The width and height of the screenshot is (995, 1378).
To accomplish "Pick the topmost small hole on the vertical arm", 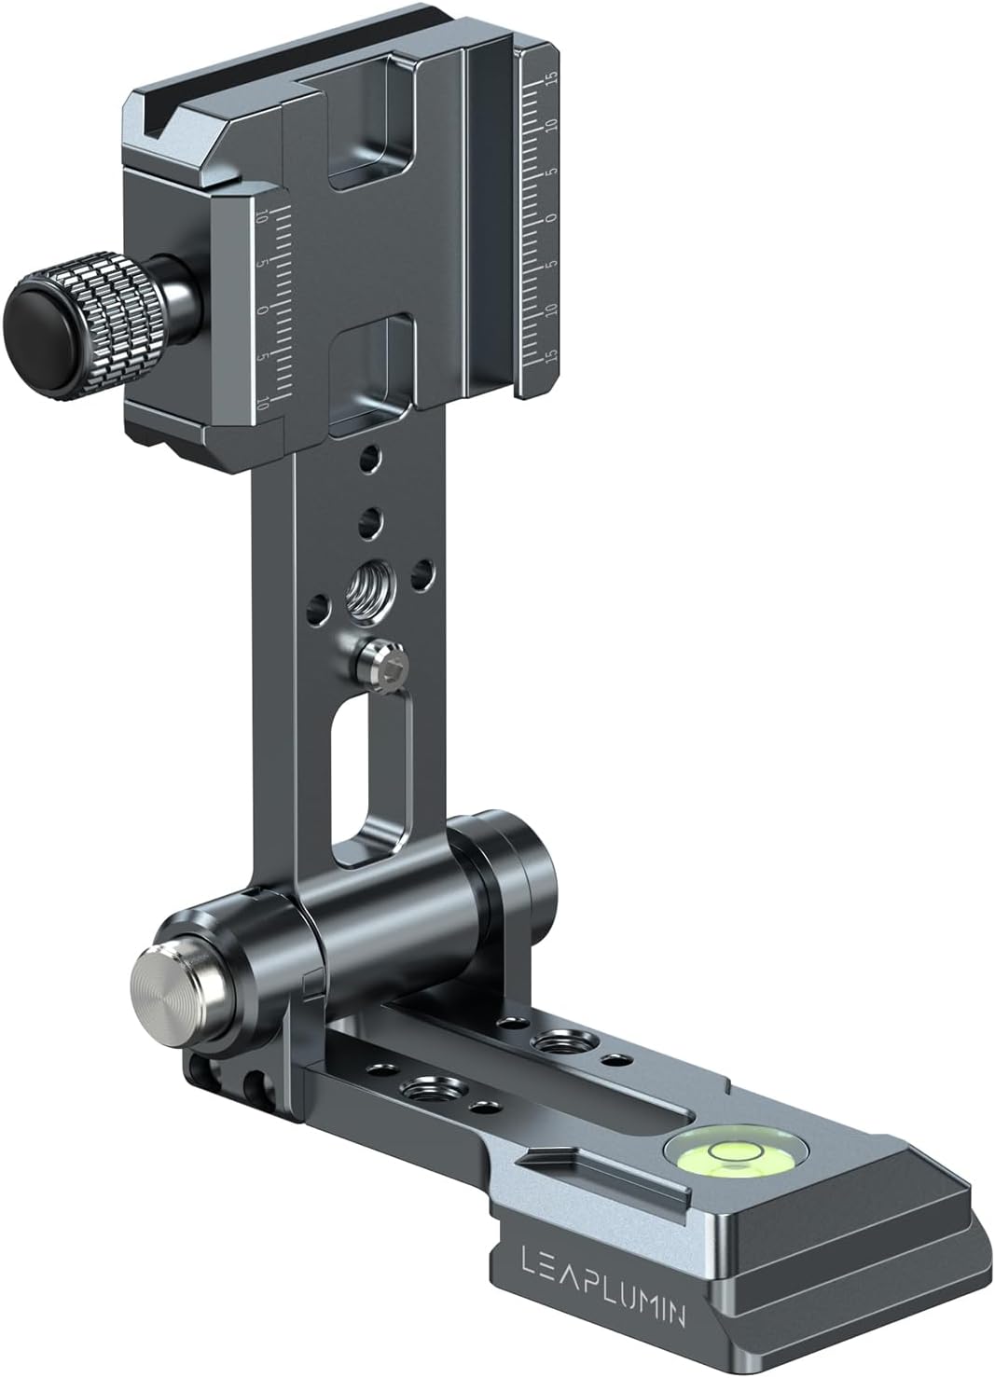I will tap(371, 460).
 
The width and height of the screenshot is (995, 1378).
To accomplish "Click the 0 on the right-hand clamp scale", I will tap(551, 216).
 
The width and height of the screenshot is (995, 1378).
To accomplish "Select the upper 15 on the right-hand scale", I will tap(552, 77).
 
